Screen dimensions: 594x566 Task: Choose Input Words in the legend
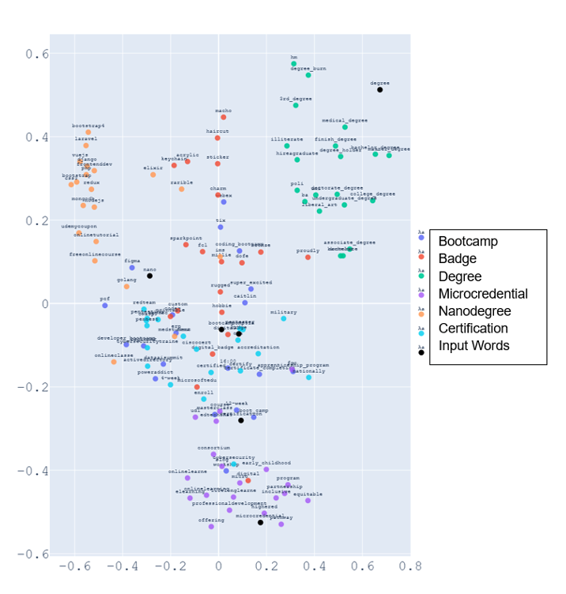[x=474, y=345]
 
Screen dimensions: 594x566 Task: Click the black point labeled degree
[x=379, y=90]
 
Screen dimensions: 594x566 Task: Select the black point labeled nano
[x=149, y=276]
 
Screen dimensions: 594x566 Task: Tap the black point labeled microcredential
[x=260, y=522]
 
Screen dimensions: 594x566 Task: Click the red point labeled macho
[x=224, y=117]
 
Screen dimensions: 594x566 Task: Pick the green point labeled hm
[x=294, y=64]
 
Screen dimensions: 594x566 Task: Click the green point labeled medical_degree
[x=345, y=127]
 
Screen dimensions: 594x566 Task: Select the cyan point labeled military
[x=284, y=318]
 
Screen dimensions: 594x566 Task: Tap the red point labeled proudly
[x=308, y=258]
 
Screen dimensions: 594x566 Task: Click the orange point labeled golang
[x=126, y=286]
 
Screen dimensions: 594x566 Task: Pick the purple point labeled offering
[x=211, y=526]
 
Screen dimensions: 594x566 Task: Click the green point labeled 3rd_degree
[x=296, y=105]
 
